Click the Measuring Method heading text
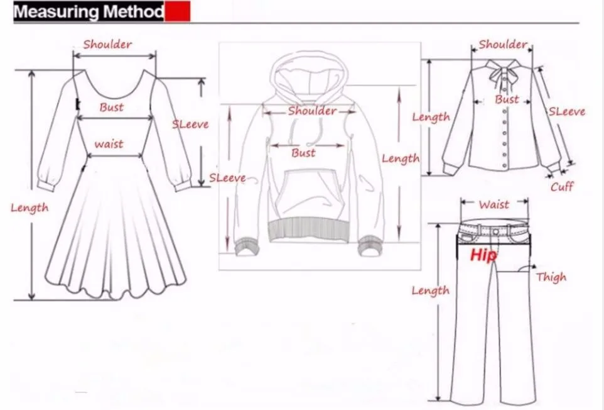click(89, 12)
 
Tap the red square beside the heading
click(178, 12)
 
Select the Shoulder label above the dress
click(107, 44)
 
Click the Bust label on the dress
click(111, 107)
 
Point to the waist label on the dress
click(109, 144)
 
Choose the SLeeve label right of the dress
click(190, 124)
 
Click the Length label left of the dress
click(29, 208)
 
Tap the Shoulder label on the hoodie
click(312, 111)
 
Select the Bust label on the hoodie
click(303, 153)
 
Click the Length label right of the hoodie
click(400, 158)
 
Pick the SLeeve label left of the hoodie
click(227, 178)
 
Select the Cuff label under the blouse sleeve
click(561, 186)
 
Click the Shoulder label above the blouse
click(502, 44)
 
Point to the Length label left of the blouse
click(431, 116)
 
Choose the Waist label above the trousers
click(493, 204)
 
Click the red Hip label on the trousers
click(483, 255)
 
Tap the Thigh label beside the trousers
click(551, 277)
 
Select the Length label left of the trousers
click(430, 290)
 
